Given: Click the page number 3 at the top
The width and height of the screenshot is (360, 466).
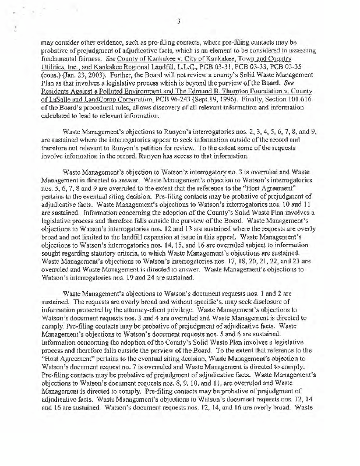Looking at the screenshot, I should [181, 23].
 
